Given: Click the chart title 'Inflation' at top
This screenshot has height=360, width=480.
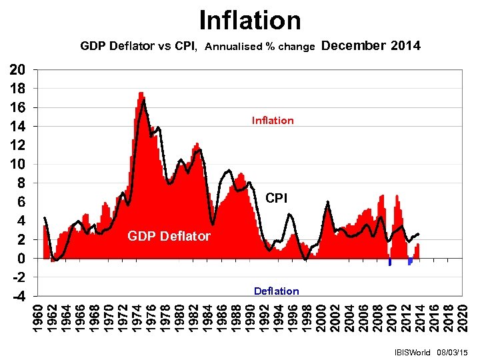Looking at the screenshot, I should pyautogui.click(x=250, y=20).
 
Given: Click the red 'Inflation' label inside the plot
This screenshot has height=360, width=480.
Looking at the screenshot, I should pyautogui.click(x=272, y=120).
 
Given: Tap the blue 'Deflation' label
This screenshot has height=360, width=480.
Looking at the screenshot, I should pyautogui.click(x=276, y=291).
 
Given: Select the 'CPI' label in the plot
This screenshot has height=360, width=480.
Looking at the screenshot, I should pyautogui.click(x=277, y=198).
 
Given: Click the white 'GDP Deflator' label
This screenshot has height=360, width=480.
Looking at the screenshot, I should pyautogui.click(x=169, y=236).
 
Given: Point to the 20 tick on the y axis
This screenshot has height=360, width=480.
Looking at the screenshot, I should pyautogui.click(x=19, y=69).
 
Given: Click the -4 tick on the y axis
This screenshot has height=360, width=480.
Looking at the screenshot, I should pyautogui.click(x=19, y=296).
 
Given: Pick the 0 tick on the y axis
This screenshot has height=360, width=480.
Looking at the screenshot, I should pyautogui.click(x=23, y=258).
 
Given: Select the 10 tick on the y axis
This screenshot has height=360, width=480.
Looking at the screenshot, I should pyautogui.click(x=19, y=164).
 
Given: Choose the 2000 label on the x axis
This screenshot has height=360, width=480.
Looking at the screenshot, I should pyautogui.click(x=323, y=316).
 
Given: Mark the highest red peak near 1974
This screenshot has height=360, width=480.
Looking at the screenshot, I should pyautogui.click(x=141, y=94).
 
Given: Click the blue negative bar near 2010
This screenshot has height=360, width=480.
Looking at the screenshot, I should pyautogui.click(x=389, y=261).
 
